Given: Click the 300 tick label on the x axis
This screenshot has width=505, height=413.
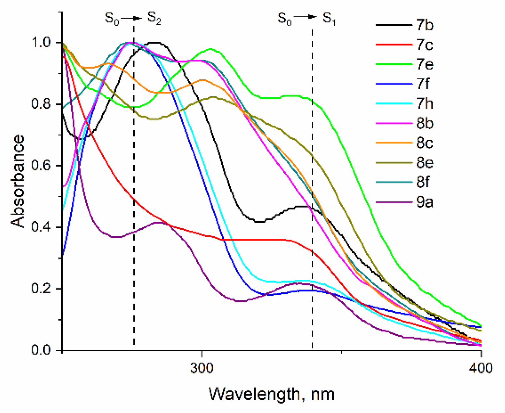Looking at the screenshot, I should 202,368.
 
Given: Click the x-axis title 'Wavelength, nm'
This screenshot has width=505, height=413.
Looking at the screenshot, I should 272,394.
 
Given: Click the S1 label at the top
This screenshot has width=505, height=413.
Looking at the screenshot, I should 329,18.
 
